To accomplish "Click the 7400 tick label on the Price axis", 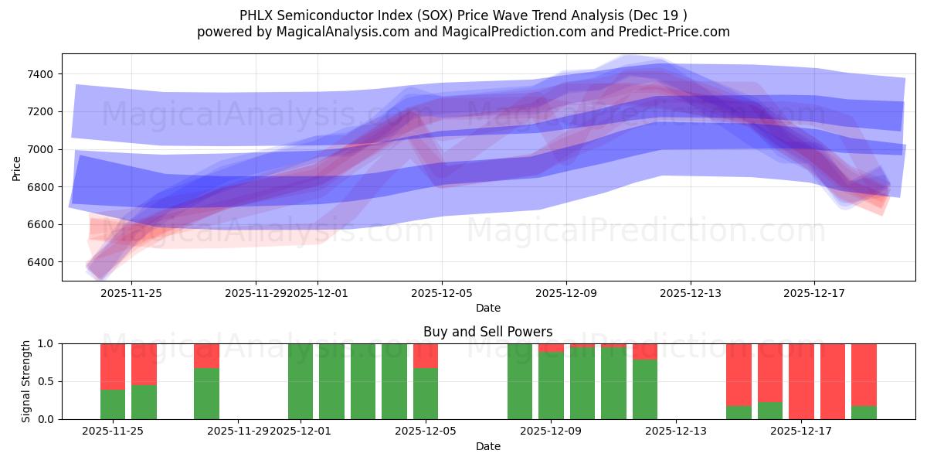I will pos(40,74).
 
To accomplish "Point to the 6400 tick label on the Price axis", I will pos(40,262).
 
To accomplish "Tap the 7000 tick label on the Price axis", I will pos(40,149).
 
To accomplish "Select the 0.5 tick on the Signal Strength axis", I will pos(47,381).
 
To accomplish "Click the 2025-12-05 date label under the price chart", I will pos(442,293).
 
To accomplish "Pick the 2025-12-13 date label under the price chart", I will pos(690,293).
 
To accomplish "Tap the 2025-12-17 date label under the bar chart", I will pos(801,431).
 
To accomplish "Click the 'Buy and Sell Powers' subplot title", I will pos(487,332).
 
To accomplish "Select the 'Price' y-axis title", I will pos(17,167).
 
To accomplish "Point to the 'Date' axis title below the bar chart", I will pos(487,446).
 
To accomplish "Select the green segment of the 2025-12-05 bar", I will pos(426,394).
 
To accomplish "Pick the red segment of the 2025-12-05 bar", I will pos(426,355).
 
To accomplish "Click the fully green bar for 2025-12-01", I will pos(301,381).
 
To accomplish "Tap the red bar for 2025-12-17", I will pos(801,381).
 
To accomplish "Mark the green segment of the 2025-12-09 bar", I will pos(551,386).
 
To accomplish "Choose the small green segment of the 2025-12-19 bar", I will pos(864,412).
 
